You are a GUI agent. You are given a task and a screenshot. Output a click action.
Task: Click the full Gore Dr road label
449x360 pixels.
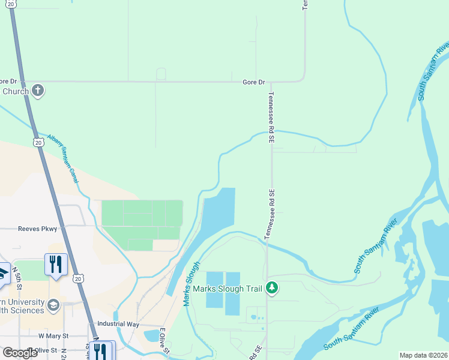pos(253,82)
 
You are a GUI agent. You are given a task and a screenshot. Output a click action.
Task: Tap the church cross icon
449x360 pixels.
pos(37,91)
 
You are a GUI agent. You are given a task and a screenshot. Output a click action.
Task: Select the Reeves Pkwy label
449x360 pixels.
pos(37,229)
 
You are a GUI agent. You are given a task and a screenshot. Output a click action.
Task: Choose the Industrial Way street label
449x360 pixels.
pos(118,324)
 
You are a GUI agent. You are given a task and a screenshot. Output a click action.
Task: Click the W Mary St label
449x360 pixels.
pos(53,336)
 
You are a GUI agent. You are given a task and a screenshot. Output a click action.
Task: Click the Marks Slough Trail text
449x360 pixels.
pos(228,289)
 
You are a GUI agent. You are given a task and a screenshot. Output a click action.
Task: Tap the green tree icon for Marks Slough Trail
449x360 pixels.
pos(273,289)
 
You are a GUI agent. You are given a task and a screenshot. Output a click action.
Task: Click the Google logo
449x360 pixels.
pos(20,353)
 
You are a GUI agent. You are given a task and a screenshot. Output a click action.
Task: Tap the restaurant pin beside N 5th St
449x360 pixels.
pos(56,265)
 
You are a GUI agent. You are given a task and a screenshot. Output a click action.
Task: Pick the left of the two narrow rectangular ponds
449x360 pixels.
pos(214,290)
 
